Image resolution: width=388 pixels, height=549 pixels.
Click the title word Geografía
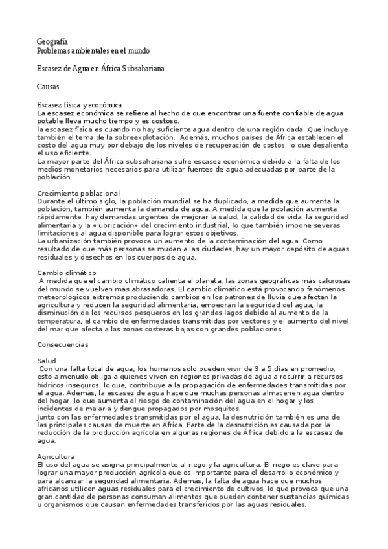pyautogui.click(x=52, y=42)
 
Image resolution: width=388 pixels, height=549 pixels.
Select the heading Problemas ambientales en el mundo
pyautogui.click(x=93, y=50)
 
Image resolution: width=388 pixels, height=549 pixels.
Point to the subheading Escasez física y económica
pyautogui.click(x=80, y=104)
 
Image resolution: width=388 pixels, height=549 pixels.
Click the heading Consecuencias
pyautogui.click(x=66, y=345)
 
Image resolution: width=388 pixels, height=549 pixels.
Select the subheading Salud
pyautogui.click(x=47, y=361)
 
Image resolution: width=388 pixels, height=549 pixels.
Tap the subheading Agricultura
pyautogui.click(x=56, y=456)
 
